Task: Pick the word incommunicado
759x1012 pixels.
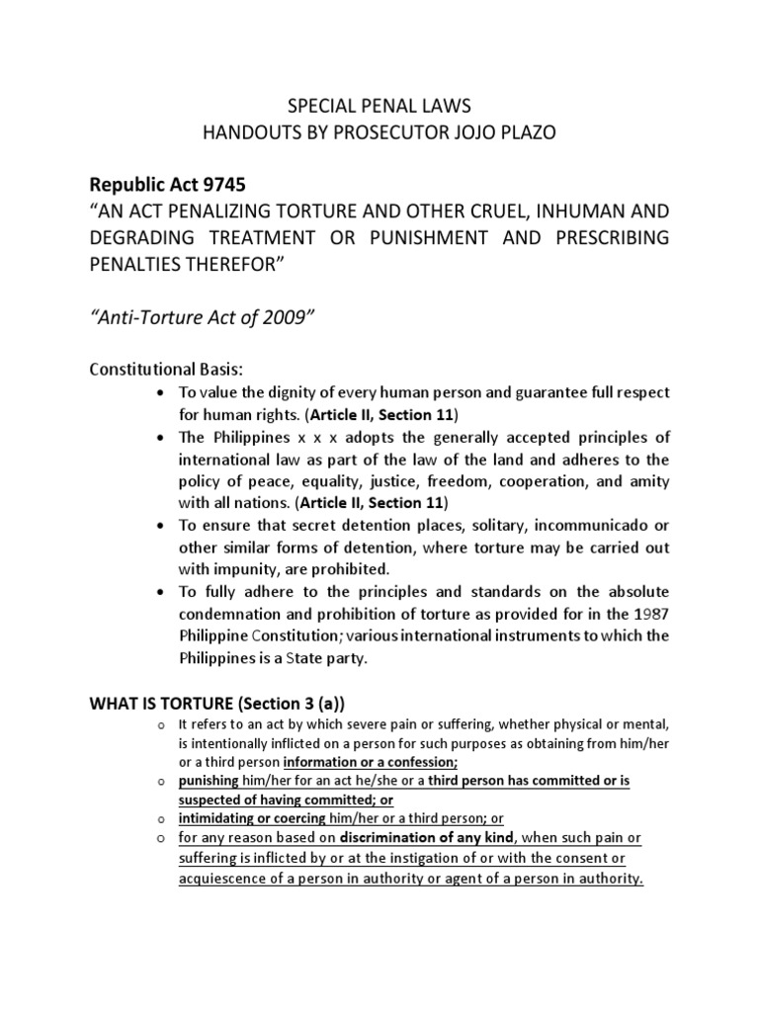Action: tap(582, 526)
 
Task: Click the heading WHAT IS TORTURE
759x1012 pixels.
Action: tap(173, 705)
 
